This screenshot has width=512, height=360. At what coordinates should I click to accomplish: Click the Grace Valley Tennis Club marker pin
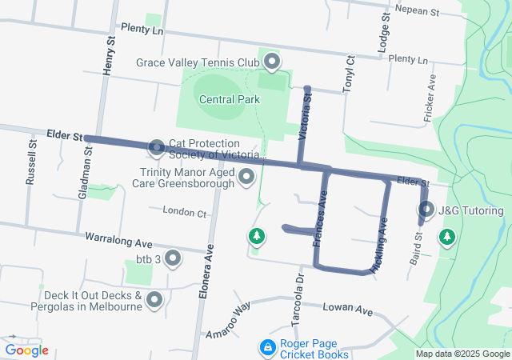(272, 61)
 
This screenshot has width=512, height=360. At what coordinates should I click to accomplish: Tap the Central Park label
(229, 100)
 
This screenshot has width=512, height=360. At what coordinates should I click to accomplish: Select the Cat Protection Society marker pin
(156, 147)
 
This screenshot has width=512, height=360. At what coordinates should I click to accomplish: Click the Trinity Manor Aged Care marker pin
(246, 176)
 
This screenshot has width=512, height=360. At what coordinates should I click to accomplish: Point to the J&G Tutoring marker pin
(426, 210)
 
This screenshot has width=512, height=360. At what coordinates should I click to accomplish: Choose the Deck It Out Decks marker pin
(154, 300)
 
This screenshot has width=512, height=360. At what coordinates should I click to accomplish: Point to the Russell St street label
(31, 163)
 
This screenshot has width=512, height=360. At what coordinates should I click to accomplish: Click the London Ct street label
(184, 212)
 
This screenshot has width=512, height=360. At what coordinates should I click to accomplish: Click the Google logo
(26, 350)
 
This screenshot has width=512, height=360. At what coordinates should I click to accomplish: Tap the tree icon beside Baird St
(446, 237)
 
